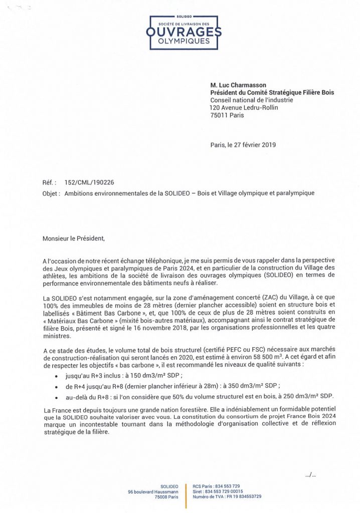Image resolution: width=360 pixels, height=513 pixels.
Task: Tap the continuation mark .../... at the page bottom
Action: (310, 474)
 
